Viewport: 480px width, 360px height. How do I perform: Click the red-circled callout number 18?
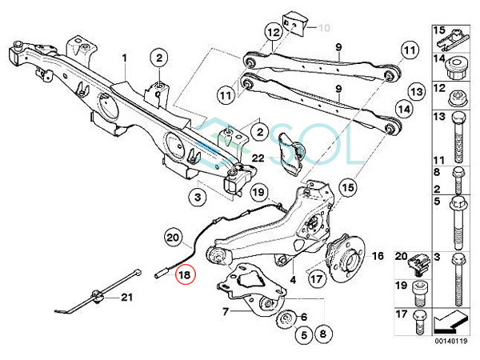point(185,274)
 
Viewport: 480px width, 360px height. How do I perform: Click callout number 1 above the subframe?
point(125,58)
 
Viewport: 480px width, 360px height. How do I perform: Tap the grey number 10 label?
point(323,28)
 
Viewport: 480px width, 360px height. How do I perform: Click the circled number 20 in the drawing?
point(174,237)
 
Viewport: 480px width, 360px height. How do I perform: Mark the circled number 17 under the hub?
point(317,280)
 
